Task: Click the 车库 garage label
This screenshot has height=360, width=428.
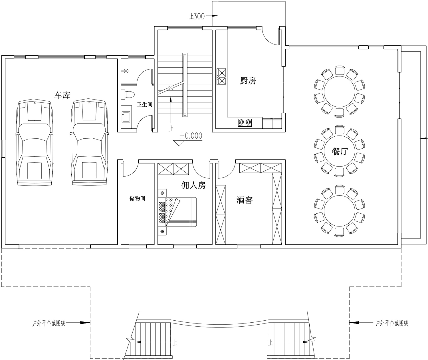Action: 62,96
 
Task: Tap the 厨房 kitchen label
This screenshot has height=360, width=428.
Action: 248,81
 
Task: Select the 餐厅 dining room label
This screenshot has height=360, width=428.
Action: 340,152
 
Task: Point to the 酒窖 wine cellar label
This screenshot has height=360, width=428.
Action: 245,200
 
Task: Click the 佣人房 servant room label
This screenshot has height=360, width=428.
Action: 193,185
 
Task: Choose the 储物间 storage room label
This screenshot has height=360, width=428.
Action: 137,198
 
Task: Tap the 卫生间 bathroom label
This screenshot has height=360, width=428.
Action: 145,104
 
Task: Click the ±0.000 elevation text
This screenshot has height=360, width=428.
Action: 191,136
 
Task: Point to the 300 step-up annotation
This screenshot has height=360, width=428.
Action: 197,16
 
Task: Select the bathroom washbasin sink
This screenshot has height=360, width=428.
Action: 126,117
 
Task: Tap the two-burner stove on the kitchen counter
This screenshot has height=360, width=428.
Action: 245,123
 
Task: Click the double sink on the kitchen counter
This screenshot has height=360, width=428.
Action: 222,77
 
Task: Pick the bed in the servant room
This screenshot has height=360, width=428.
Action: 177,212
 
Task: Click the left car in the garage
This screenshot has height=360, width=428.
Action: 35,143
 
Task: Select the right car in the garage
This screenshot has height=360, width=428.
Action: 89,143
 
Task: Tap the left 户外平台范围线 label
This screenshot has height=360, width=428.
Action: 49,323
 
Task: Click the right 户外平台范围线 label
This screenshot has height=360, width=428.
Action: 392,323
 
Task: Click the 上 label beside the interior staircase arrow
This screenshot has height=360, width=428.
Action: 171,129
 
